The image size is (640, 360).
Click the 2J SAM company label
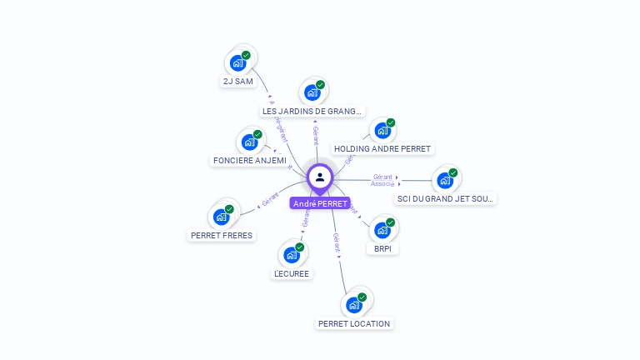[237, 82]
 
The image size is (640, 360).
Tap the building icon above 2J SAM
[238, 62]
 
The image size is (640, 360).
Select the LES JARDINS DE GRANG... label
[312, 111]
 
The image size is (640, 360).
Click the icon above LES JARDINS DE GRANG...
[312, 92]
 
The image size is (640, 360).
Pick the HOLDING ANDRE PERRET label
[382, 149]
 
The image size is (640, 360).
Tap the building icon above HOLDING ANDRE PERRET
[382, 130]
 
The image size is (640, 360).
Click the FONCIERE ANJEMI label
[250, 160]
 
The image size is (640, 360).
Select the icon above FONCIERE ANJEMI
[250, 142]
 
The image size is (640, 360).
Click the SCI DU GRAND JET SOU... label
[445, 199]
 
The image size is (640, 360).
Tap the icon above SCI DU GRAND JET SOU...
[445, 180]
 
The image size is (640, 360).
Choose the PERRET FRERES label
[222, 235]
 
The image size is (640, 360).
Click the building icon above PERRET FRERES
[222, 217]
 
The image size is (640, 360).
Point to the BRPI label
[382, 248]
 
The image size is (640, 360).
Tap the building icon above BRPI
[382, 229]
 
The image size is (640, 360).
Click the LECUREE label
[292, 273]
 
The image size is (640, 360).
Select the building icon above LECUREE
[292, 254]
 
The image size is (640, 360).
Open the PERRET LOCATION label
[354, 323]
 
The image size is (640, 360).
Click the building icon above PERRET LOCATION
[354, 304]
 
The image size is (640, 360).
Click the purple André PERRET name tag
[320, 203]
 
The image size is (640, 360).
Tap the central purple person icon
[320, 177]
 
